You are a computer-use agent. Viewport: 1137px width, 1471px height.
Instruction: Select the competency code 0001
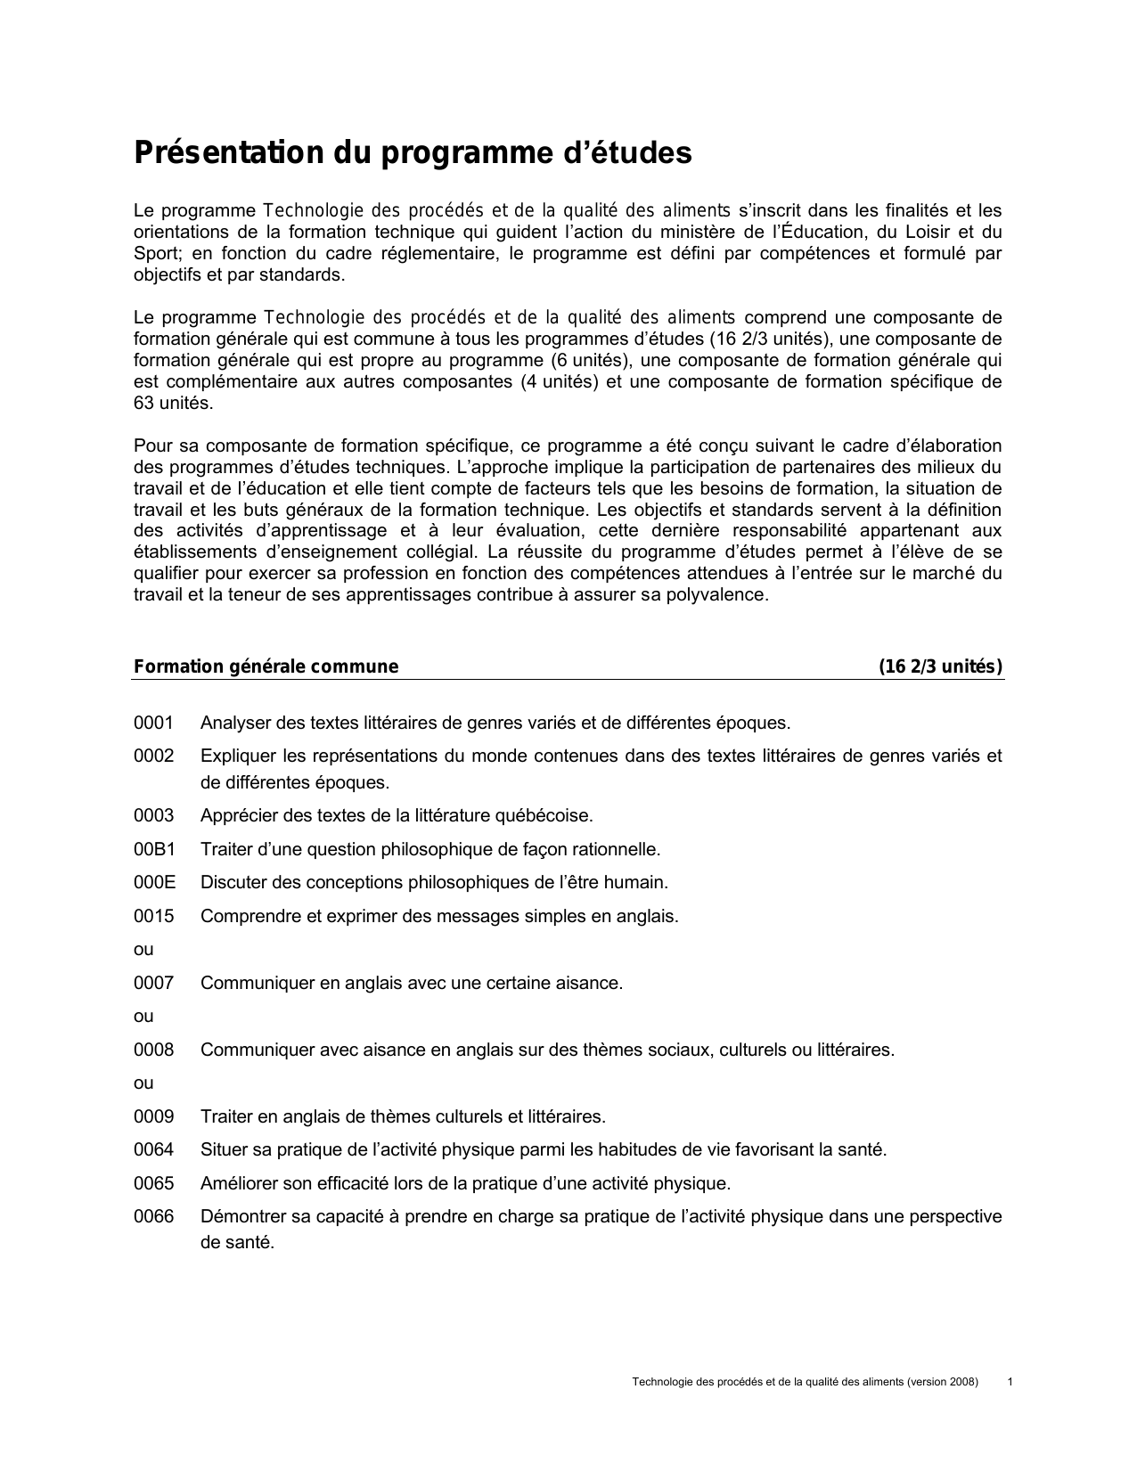click(x=153, y=723)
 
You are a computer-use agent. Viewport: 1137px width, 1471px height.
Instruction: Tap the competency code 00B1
click(x=154, y=849)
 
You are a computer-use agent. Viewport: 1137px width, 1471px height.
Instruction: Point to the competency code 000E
click(x=154, y=883)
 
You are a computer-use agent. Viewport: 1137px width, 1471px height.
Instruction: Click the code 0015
click(x=153, y=916)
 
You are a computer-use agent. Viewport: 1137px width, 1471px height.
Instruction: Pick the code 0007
click(x=153, y=983)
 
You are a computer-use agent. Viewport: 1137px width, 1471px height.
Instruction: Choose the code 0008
click(x=153, y=1050)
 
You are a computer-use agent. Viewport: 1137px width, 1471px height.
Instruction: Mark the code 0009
click(x=153, y=1116)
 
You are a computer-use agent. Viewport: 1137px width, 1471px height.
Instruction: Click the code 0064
click(x=153, y=1150)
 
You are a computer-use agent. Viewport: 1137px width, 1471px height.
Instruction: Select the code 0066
click(x=153, y=1217)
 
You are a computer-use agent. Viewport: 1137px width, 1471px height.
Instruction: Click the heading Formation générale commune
click(x=266, y=667)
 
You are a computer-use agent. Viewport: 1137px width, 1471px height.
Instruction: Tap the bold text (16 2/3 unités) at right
click(x=940, y=667)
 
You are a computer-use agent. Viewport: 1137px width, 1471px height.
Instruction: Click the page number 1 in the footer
click(x=1009, y=1382)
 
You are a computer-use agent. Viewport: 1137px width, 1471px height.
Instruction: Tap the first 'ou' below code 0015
click(x=143, y=950)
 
